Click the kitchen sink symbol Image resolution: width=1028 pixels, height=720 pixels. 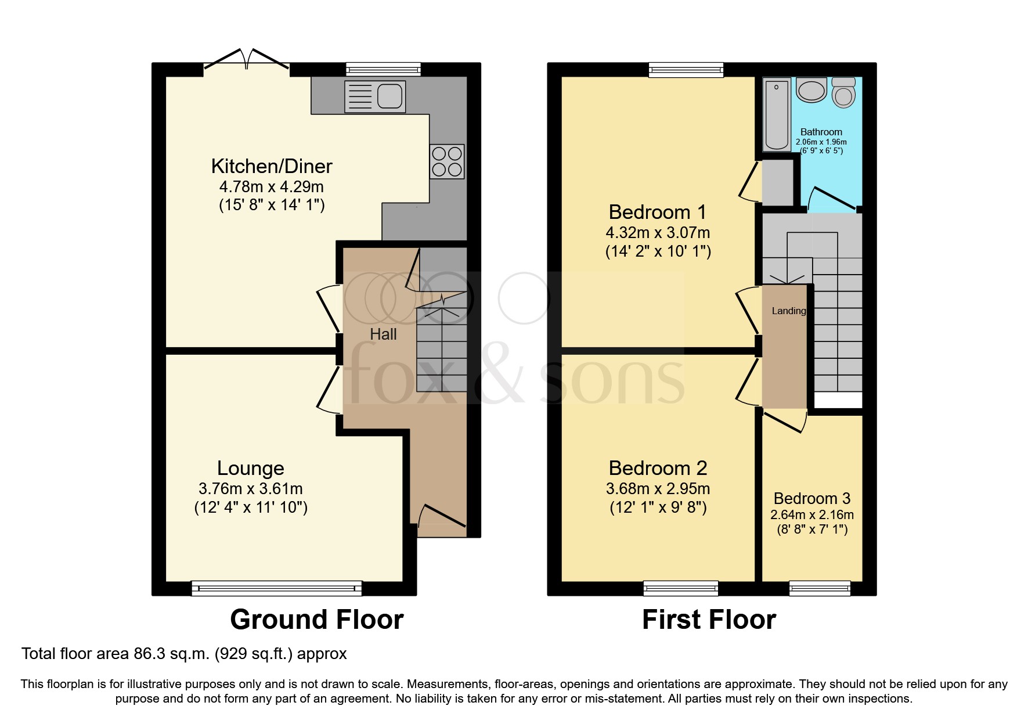click(x=375, y=96)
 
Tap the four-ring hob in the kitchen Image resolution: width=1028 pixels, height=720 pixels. click(x=447, y=161)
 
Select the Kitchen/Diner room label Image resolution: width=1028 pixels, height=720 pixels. click(x=271, y=166)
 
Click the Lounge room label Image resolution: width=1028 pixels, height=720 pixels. click(x=250, y=468)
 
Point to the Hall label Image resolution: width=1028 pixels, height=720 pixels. click(x=383, y=334)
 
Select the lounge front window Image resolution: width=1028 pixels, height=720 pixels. click(x=276, y=588)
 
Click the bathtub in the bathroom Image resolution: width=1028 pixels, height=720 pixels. click(x=775, y=114)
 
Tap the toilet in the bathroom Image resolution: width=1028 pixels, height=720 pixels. click(x=843, y=92)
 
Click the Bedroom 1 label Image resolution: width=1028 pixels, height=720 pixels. click(x=658, y=212)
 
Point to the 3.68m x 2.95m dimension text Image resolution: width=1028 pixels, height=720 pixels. click(x=658, y=489)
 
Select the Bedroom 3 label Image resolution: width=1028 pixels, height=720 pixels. click(x=811, y=498)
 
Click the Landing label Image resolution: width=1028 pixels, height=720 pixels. click(x=788, y=311)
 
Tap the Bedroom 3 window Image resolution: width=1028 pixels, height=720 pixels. click(x=820, y=588)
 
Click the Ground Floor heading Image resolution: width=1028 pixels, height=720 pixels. click(x=316, y=620)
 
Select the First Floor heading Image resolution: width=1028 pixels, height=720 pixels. click(x=709, y=620)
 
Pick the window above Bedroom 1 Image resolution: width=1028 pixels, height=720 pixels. click(x=686, y=70)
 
